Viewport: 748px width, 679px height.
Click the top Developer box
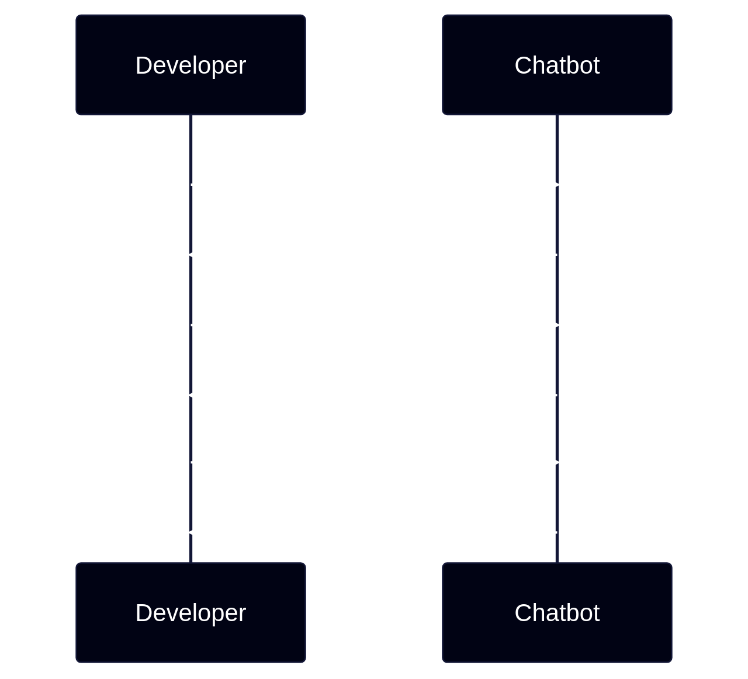pos(191,65)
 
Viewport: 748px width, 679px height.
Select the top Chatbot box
pos(557,65)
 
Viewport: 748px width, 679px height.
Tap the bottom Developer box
pos(191,612)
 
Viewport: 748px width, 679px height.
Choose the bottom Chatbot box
pos(557,612)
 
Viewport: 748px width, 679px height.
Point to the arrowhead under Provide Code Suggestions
pos(196,255)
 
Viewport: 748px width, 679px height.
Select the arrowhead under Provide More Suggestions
pos(196,395)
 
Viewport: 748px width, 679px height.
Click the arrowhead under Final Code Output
pos(196,532)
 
